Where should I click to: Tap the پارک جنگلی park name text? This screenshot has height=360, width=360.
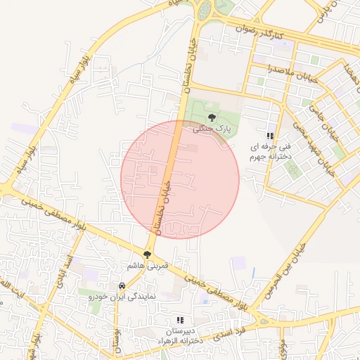pyautogui.click(x=212, y=129)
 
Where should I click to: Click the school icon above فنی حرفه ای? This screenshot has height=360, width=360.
pyautogui.click(x=269, y=136)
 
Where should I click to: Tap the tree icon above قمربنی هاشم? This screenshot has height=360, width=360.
pyautogui.click(x=147, y=255)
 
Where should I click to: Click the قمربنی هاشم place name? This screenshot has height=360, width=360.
pyautogui.click(x=147, y=266)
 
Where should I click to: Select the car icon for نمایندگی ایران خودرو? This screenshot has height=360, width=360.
pyautogui.click(x=122, y=286)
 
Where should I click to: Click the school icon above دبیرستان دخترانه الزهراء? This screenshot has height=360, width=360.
pyautogui.click(x=179, y=320)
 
